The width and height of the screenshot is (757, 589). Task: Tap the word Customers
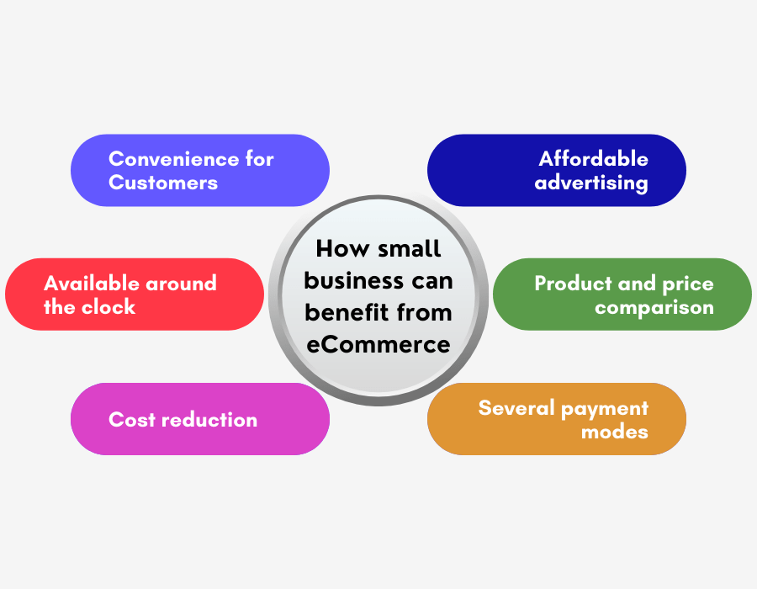[x=163, y=183]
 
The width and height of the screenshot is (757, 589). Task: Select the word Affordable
[x=593, y=158]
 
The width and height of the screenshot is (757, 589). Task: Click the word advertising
[x=591, y=183]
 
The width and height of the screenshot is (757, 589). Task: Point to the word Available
[x=90, y=283]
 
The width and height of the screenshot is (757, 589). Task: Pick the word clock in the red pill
[x=109, y=306]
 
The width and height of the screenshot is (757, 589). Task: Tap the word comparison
[x=654, y=308]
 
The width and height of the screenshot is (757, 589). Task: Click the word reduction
[x=209, y=420]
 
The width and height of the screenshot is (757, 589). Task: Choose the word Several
[x=516, y=408]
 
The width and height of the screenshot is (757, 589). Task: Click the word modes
[x=615, y=432]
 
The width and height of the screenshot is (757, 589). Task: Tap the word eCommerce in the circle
[x=378, y=344]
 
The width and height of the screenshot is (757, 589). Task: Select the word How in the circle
[x=343, y=248]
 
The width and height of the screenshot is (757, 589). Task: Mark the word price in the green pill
[x=688, y=284]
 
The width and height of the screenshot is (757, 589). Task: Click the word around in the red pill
[x=181, y=284]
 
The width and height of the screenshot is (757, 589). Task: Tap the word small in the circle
[x=410, y=248]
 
